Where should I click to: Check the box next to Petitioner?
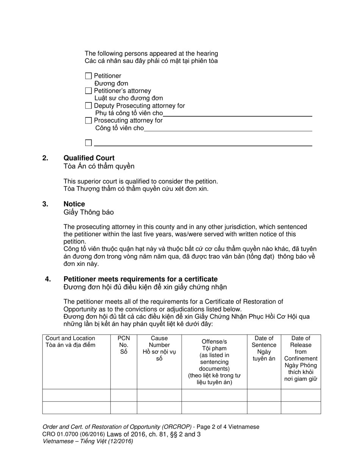click(x=88, y=76)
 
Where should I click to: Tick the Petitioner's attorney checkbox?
click(x=88, y=91)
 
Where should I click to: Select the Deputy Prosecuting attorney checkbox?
click(x=88, y=106)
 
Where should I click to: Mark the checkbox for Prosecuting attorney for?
click(x=88, y=120)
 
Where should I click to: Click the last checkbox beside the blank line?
click(x=88, y=143)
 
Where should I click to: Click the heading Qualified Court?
click(x=89, y=158)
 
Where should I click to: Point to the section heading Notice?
click(x=74, y=204)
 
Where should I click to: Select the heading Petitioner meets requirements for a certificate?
click(x=140, y=279)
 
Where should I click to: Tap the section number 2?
click(x=45, y=158)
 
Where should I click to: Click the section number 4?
click(x=48, y=279)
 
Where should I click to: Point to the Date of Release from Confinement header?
click(x=301, y=358)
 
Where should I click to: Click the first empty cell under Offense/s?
click(x=214, y=395)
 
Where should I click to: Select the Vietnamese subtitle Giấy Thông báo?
click(x=88, y=212)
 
